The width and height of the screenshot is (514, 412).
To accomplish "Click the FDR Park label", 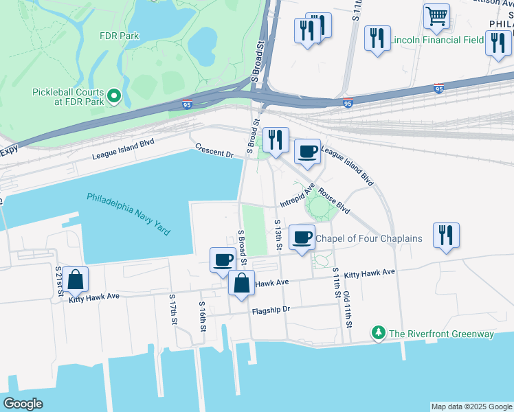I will [119, 36].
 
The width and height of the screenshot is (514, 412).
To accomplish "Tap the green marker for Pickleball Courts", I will [114, 97].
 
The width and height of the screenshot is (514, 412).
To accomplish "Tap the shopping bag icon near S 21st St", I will [76, 279].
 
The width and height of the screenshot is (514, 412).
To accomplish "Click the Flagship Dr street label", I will [272, 309].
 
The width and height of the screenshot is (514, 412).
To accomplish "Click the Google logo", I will [23, 404].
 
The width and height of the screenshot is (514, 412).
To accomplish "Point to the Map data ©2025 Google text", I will [471, 407].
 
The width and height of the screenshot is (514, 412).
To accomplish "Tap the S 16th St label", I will [202, 316].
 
